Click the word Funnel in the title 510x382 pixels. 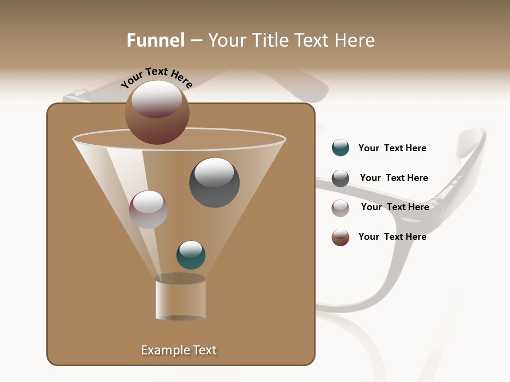(x=156, y=40)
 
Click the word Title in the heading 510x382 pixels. (x=270, y=40)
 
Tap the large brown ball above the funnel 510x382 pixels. (x=157, y=112)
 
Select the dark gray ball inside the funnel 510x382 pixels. (x=214, y=183)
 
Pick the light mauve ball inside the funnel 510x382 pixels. (x=148, y=210)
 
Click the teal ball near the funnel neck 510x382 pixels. (x=191, y=255)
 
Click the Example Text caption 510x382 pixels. (x=178, y=350)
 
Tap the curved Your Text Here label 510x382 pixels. (x=156, y=77)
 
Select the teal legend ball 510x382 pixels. (x=341, y=147)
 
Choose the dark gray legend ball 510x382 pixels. (x=341, y=178)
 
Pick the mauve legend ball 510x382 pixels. (x=341, y=208)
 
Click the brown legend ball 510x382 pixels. (x=341, y=237)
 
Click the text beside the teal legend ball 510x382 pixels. (x=392, y=149)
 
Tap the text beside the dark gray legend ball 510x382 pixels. (x=394, y=178)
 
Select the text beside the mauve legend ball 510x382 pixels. (x=395, y=207)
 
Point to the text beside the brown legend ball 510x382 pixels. (x=392, y=237)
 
